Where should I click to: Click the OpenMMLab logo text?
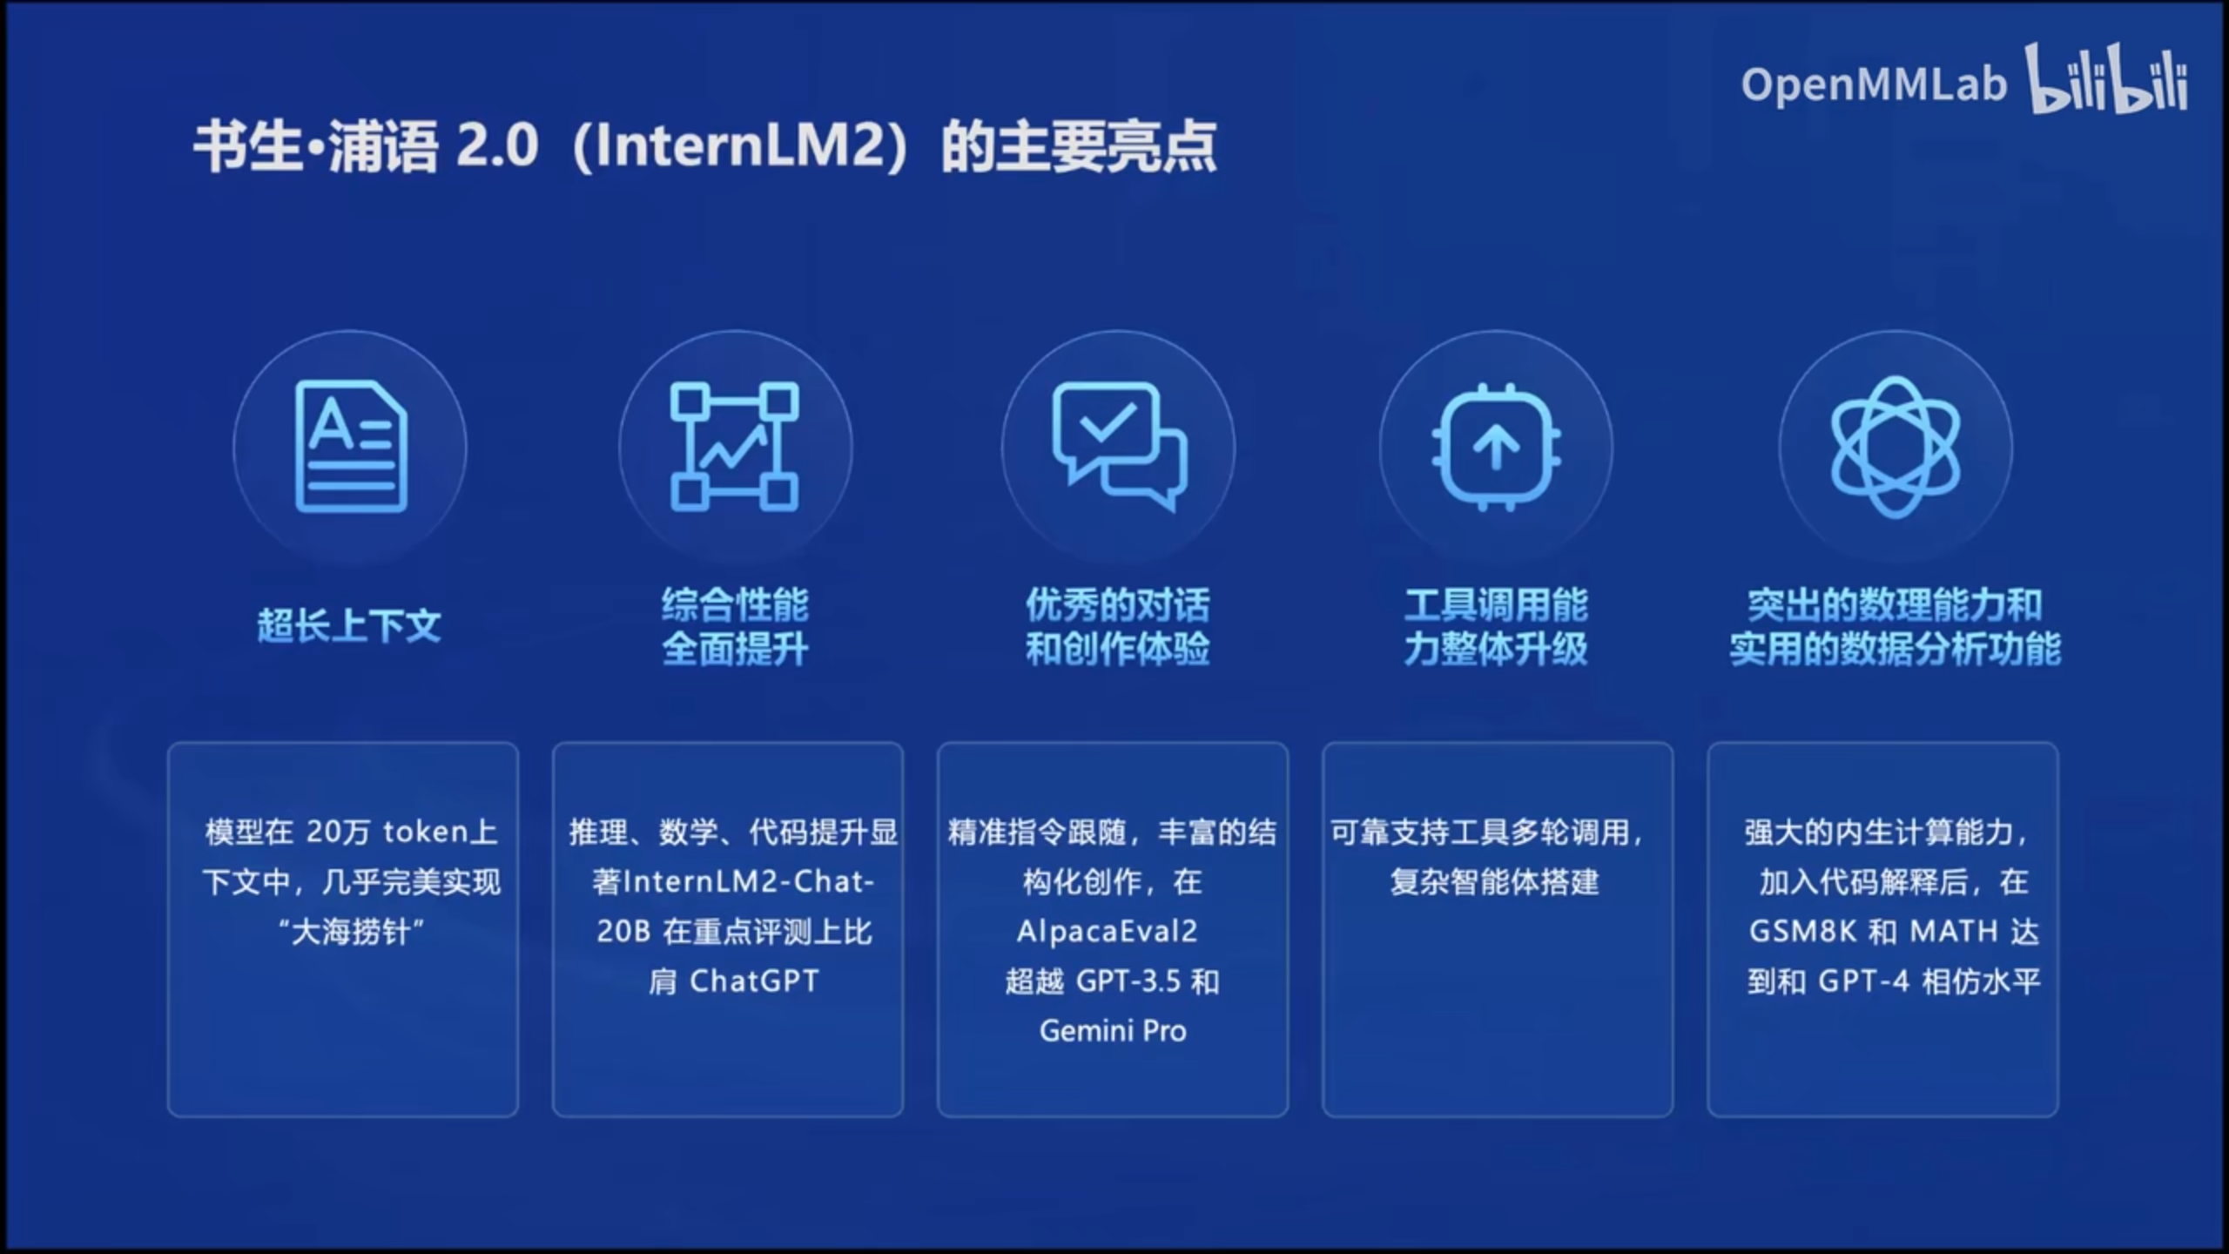[1874, 85]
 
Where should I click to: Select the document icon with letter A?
[351, 446]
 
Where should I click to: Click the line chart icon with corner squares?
[734, 446]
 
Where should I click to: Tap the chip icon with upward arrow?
[1496, 446]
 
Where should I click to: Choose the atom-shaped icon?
[1896, 447]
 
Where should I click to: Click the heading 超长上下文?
[349, 625]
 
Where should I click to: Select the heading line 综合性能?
[735, 604]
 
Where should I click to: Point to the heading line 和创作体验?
[1118, 649]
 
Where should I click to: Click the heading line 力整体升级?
[1496, 649]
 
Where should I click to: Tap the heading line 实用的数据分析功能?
[1895, 649]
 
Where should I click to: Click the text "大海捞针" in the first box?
[352, 932]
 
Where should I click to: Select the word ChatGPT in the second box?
[754, 981]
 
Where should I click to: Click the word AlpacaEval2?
[1107, 932]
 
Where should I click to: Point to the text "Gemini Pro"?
[1113, 1031]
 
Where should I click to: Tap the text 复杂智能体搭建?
[1495, 882]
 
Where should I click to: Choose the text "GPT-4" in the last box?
[1863, 981]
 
